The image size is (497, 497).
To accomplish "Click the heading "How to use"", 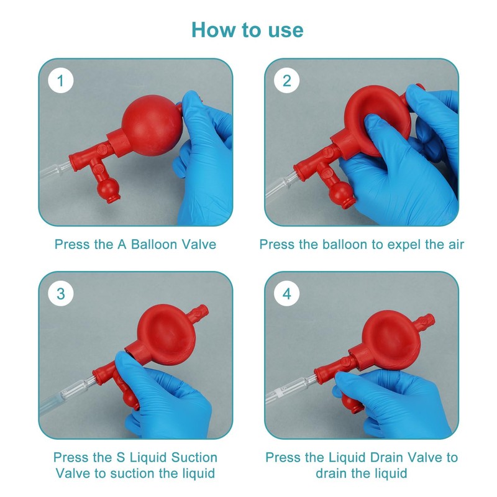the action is [x=247, y=30].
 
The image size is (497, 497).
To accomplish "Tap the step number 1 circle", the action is [x=61, y=81].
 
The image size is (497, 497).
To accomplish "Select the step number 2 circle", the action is [x=287, y=81].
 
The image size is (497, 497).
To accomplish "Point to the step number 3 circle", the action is [x=61, y=293].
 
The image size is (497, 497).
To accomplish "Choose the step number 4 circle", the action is [x=287, y=293].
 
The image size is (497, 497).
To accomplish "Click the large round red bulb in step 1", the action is [x=152, y=126].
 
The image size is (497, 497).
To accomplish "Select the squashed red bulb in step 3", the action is [x=164, y=337].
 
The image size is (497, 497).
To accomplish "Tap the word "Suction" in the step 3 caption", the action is [x=194, y=457].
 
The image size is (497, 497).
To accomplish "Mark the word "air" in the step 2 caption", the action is [x=456, y=245].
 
